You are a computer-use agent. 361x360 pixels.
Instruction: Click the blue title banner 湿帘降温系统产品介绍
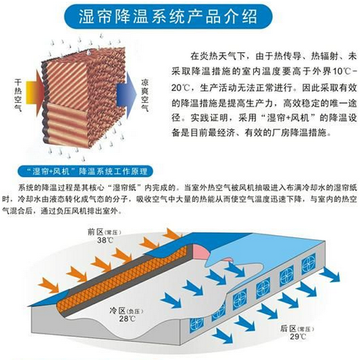click(x=168, y=16)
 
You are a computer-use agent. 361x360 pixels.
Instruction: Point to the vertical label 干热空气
click(x=18, y=96)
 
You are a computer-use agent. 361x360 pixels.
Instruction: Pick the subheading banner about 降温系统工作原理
click(x=86, y=171)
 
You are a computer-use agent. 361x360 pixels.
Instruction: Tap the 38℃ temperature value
click(x=105, y=240)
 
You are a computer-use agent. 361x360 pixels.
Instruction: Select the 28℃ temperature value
click(x=127, y=319)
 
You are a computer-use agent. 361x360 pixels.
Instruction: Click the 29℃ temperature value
click(x=298, y=336)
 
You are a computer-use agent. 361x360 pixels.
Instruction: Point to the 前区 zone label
click(x=95, y=231)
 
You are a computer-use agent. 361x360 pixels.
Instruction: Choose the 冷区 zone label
click(x=117, y=311)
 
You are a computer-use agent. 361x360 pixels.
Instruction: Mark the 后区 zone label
click(x=288, y=328)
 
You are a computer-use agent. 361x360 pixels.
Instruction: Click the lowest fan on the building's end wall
click(x=197, y=324)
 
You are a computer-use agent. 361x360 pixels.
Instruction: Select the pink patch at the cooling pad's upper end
click(x=200, y=251)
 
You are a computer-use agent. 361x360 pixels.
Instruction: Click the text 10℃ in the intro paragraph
click(x=341, y=72)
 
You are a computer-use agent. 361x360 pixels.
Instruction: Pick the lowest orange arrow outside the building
click(x=48, y=285)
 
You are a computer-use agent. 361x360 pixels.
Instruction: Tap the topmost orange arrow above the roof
click(x=172, y=234)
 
